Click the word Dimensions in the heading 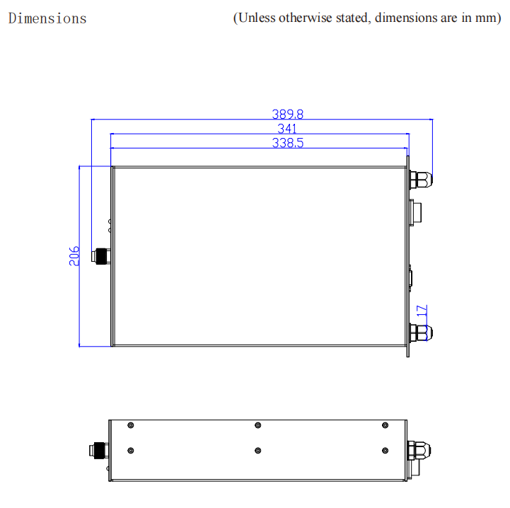click(x=47, y=18)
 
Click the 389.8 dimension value click(x=287, y=114)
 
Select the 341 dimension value click(x=287, y=129)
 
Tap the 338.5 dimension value click(x=287, y=143)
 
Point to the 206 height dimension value click(x=74, y=256)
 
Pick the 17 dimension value click(x=422, y=311)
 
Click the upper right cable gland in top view click(x=421, y=180)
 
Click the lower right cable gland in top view click(x=421, y=333)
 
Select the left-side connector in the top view click(x=101, y=256)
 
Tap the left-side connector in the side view click(x=99, y=451)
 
